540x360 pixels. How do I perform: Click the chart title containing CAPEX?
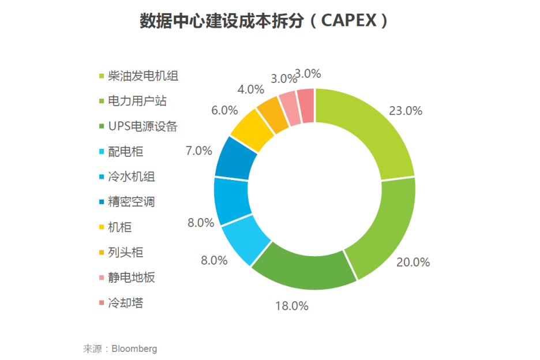(x=264, y=21)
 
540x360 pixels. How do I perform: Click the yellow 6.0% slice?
(x=252, y=130)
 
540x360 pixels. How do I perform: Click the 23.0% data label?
(x=406, y=111)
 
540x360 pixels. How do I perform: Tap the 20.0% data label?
(x=413, y=262)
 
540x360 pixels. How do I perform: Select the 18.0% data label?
(x=291, y=306)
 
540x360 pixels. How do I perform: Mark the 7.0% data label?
(x=198, y=151)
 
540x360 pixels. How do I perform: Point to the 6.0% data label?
(x=224, y=110)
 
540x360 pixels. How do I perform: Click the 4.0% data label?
(x=250, y=89)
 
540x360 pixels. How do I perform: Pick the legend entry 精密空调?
(x=132, y=202)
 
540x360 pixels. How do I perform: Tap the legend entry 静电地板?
(x=132, y=277)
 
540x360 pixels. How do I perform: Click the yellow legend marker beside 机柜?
(x=102, y=227)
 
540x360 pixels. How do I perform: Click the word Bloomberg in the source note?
(x=134, y=348)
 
